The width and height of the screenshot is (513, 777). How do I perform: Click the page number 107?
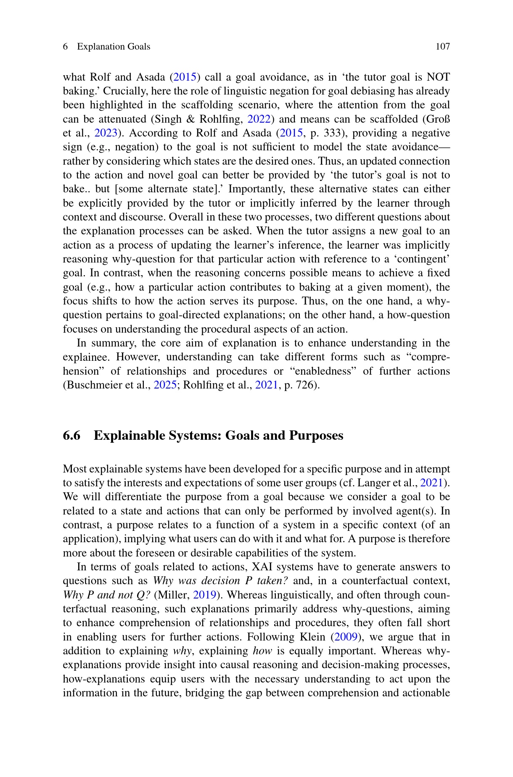point(442,47)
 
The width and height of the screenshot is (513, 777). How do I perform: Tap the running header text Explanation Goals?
point(114,47)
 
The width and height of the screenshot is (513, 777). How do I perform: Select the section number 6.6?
point(71,436)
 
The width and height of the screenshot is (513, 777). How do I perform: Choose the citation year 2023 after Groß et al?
point(106,133)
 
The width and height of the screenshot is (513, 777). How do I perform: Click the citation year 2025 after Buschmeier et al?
point(165,385)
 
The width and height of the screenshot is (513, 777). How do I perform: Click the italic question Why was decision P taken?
point(220,581)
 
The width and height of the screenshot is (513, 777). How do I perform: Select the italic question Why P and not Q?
point(106,595)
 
